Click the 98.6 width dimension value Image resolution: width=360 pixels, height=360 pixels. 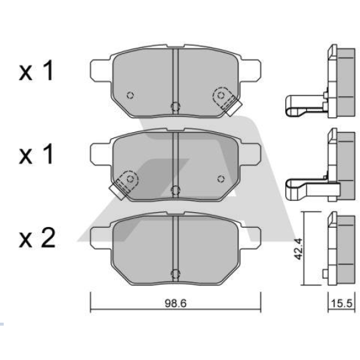[x=175, y=304]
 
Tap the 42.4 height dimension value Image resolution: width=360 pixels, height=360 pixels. [x=298, y=249]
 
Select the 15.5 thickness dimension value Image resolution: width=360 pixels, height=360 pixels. [x=342, y=304]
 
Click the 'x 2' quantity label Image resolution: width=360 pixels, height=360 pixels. [x=37, y=238]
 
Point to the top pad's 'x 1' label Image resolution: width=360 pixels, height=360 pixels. [x=36, y=70]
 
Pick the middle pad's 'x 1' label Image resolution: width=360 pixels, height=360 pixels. [x=36, y=154]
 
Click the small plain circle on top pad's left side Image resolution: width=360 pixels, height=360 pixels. [x=130, y=95]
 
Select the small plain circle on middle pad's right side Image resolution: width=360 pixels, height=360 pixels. [x=221, y=179]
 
